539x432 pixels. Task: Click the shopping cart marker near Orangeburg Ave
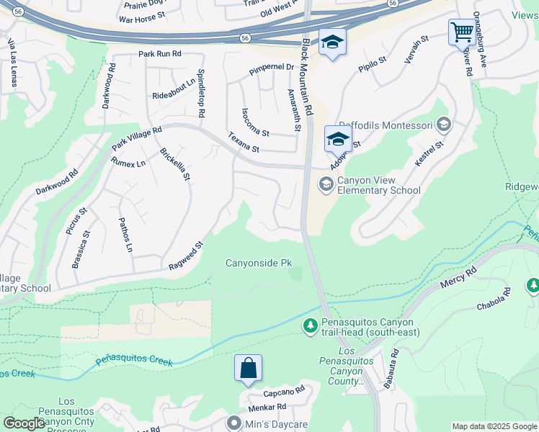[462, 32]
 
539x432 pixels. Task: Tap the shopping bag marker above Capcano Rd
[248, 368]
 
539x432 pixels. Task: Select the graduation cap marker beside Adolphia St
[338, 139]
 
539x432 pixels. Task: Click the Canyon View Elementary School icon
[326, 185]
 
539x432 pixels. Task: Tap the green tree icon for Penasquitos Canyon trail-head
[311, 327]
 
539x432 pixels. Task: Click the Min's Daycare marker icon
[233, 424]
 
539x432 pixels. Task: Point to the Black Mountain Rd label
[307, 78]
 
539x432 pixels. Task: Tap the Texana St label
[244, 143]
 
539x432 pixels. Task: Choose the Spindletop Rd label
[201, 94]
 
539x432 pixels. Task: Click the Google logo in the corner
[24, 423]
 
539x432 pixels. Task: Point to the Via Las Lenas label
[12, 63]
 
